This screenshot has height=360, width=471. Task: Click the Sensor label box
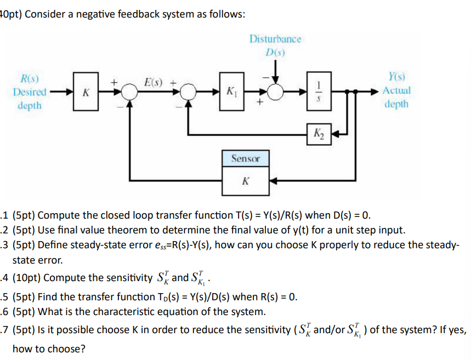245,158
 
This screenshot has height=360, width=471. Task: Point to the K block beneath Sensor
245,180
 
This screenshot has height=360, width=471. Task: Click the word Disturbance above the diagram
275,39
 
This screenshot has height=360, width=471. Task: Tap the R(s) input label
30,79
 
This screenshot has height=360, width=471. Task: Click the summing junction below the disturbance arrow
275,91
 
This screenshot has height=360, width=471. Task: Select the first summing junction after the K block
129,91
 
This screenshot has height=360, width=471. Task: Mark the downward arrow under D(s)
275,70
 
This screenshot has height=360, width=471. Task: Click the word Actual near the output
396,91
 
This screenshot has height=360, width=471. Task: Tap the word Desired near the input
30,92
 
